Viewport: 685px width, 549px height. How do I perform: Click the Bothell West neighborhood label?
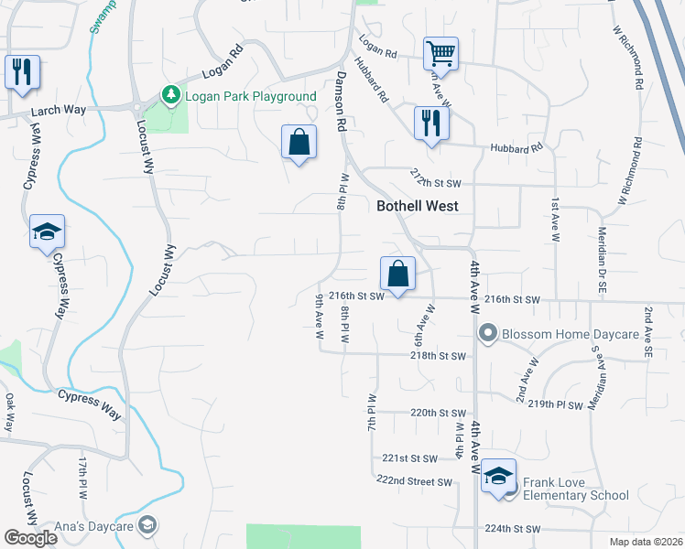point(418,207)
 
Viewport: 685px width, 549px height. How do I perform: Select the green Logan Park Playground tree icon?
point(169,95)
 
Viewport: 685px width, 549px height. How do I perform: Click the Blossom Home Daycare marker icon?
point(488,335)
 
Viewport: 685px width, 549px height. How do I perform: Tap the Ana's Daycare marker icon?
point(147,525)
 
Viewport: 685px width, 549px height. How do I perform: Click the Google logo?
point(30,537)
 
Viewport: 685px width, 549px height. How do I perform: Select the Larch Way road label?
point(59,111)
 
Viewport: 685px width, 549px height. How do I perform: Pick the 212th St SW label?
point(433,175)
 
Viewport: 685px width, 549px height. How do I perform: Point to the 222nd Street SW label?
point(414,481)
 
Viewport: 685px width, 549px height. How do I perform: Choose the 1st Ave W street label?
point(555,220)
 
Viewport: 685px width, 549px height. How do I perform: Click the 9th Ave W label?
point(320,317)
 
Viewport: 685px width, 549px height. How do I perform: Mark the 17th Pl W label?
point(82,477)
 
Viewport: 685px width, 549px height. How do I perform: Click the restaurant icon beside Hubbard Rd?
point(430,123)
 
